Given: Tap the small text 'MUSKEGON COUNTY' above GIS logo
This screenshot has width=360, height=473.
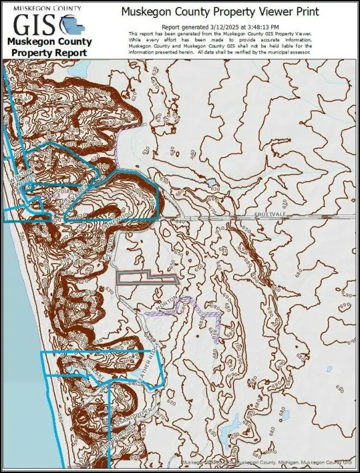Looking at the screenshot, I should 47,9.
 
